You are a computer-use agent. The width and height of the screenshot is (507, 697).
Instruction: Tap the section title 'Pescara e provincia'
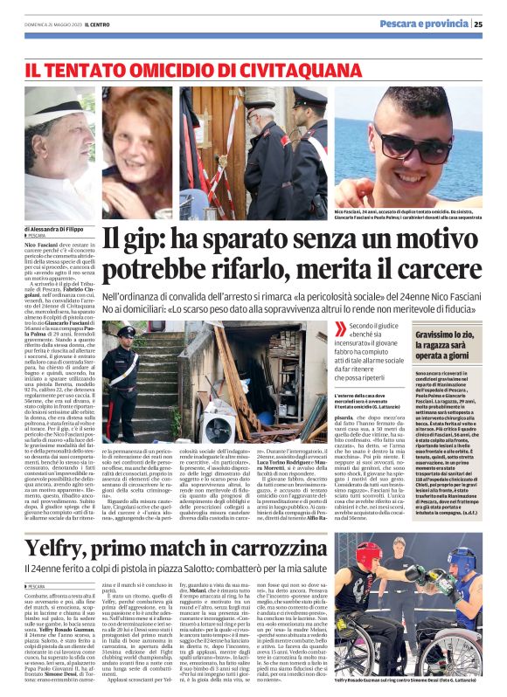[x=424, y=24]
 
